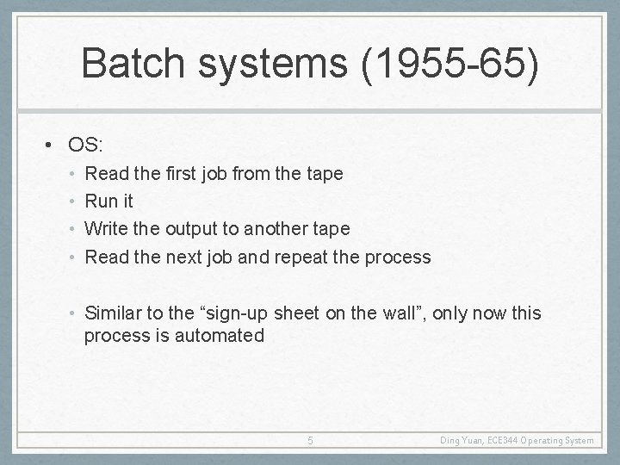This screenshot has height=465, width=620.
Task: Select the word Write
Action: [105, 228]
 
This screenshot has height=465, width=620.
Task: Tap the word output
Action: [194, 228]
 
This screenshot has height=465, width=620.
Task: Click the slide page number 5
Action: [311, 441]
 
